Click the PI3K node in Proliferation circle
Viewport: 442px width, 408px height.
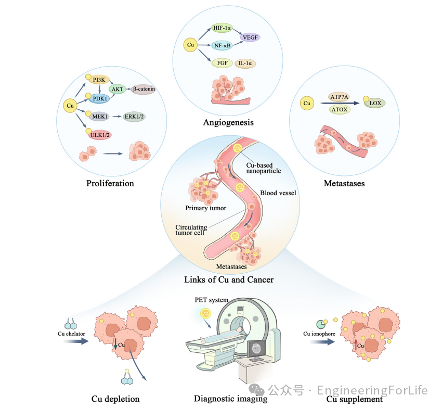[99, 79]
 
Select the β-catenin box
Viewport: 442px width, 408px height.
[143, 89]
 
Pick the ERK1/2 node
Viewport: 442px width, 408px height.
[135, 117]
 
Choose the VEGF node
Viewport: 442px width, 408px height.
[250, 37]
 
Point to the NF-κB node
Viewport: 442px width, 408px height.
[222, 46]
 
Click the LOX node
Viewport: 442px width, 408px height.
[375, 104]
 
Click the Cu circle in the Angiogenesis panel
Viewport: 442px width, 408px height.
[191, 46]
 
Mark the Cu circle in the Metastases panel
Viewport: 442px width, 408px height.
[307, 104]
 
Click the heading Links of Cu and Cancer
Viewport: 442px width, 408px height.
[229, 279]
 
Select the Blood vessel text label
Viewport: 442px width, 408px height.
[278, 193]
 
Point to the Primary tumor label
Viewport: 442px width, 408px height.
[206, 208]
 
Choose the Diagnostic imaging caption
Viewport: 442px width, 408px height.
[230, 399]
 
